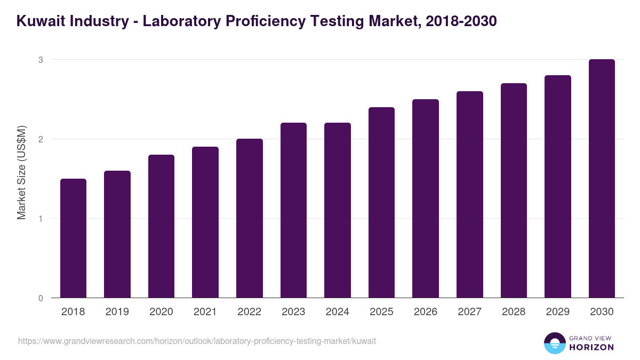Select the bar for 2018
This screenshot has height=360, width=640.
[x=73, y=238]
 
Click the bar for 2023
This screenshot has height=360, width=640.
[x=293, y=210]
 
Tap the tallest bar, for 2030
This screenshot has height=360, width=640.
[x=602, y=179]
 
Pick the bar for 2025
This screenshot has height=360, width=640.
[x=381, y=203]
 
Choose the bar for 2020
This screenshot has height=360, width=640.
[x=161, y=226]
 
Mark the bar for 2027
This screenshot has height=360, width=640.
[x=469, y=195]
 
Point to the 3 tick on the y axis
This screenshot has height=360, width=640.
[x=40, y=60]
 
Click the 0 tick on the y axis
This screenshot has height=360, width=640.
[x=40, y=298]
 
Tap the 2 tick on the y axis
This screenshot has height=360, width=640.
[x=40, y=139]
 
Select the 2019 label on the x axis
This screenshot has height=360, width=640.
[x=117, y=312]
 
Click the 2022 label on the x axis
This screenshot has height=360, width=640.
[x=249, y=312]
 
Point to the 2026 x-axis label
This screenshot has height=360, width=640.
[x=425, y=312]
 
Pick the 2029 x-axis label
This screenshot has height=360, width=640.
[x=557, y=312]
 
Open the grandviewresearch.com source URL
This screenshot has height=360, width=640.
[x=197, y=341]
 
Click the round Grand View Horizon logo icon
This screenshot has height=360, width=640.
[x=554, y=343]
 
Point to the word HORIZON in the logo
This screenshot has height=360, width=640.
[x=591, y=347]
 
